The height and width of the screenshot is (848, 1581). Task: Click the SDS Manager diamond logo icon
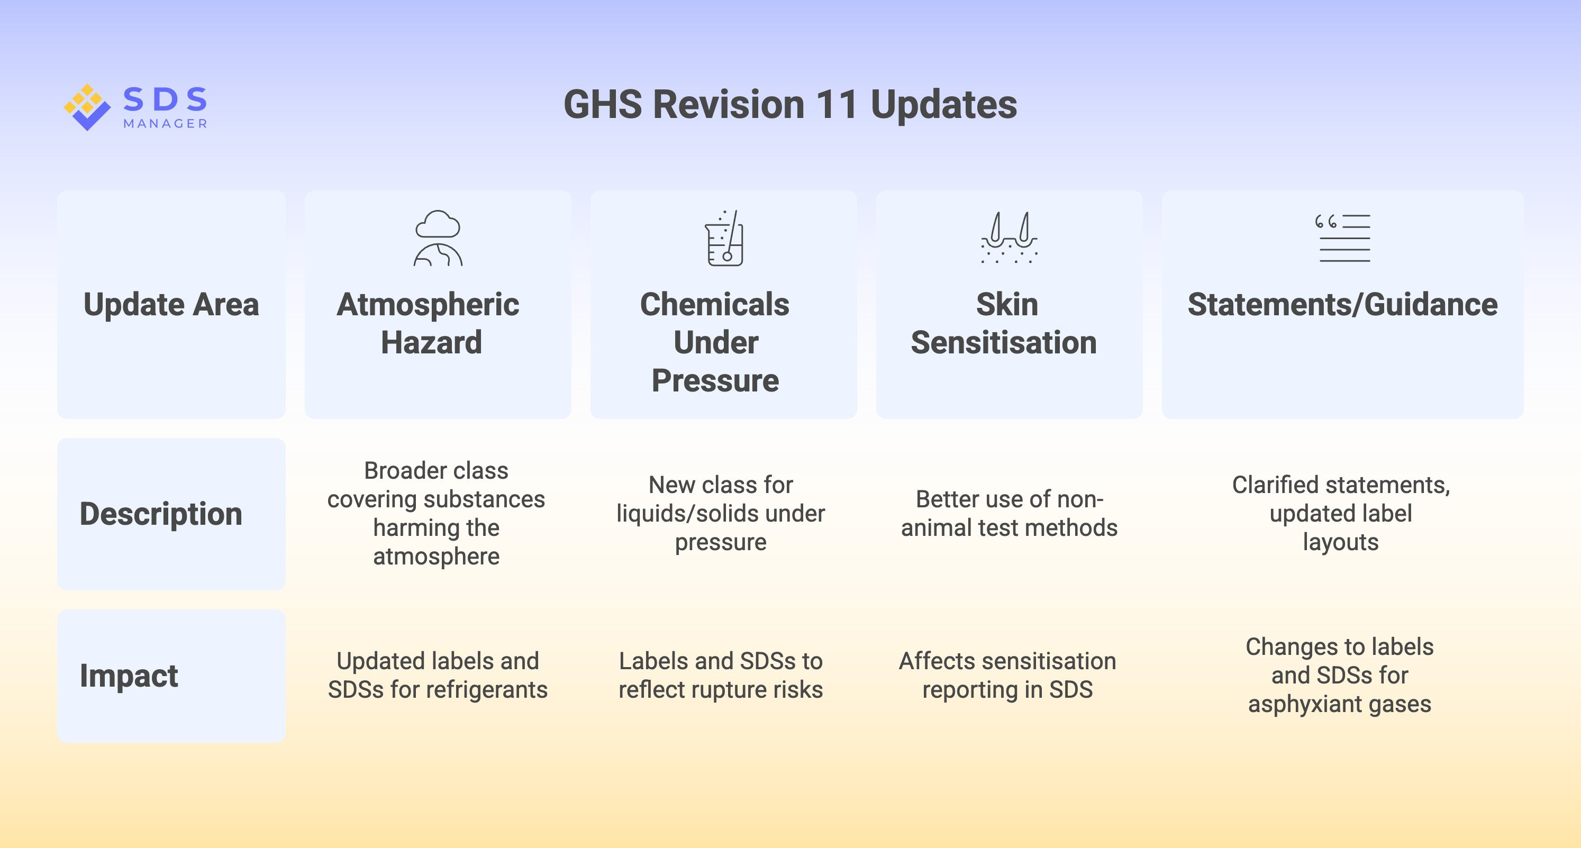87,107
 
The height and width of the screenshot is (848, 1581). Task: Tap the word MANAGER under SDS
165,124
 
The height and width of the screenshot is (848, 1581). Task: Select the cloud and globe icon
438,238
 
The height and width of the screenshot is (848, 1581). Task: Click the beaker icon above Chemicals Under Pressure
724,238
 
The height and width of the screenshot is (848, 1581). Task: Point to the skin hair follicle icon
1009,238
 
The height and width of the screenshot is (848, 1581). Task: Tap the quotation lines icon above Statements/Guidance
1342,238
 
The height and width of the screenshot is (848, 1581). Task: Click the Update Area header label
171,304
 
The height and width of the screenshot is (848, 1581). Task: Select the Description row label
161,514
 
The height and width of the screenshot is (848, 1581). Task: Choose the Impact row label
129,676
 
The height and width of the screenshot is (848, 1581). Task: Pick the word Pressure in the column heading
715,380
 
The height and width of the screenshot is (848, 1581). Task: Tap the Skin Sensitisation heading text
1004,323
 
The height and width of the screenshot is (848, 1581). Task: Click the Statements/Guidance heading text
1342,304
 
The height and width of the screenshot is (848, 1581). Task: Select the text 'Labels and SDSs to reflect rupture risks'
721,675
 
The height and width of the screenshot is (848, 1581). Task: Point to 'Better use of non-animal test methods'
1009,514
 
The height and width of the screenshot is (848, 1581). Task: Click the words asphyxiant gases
1339,704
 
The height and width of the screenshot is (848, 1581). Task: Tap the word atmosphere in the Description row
437,556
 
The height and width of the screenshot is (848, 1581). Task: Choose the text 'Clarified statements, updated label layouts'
1340,514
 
